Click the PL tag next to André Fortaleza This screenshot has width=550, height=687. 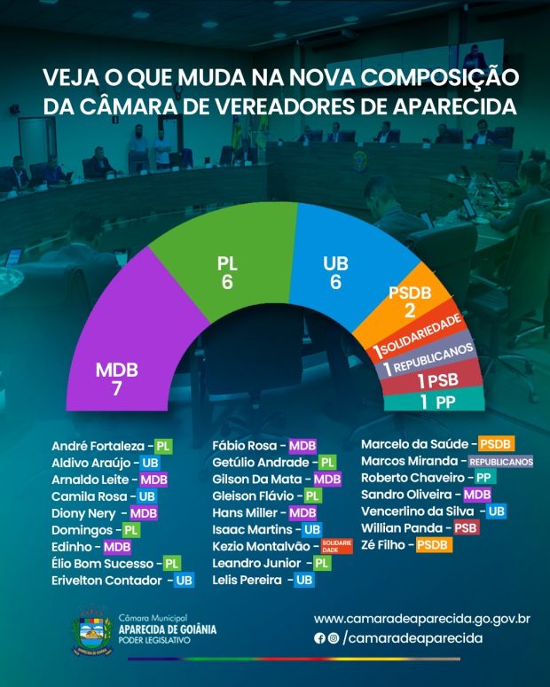pyautogui.click(x=162, y=446)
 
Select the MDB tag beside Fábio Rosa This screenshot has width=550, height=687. pyautogui.click(x=302, y=446)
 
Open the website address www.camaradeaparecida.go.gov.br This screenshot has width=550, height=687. pyautogui.click(x=421, y=619)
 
